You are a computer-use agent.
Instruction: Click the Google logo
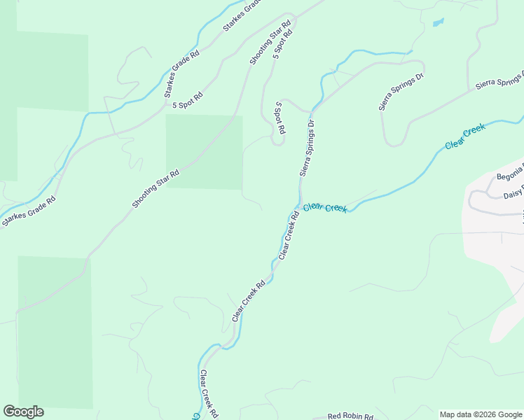coord(23,412)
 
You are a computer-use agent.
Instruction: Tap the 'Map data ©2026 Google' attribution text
coord(481,414)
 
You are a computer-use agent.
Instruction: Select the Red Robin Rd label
coord(350,416)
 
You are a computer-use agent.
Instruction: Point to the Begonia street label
coord(509,176)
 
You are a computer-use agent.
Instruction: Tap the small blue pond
coord(439,22)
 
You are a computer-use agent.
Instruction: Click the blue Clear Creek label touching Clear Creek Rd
coord(325,207)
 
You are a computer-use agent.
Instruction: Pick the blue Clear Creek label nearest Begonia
coord(465,136)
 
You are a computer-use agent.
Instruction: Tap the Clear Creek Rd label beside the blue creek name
coord(289,236)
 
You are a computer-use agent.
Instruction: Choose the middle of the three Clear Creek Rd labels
coord(249,301)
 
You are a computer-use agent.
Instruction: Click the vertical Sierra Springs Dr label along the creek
coord(308,147)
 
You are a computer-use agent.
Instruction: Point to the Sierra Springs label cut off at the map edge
coord(499,80)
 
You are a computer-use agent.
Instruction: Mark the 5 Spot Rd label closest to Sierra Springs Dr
coord(280,118)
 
